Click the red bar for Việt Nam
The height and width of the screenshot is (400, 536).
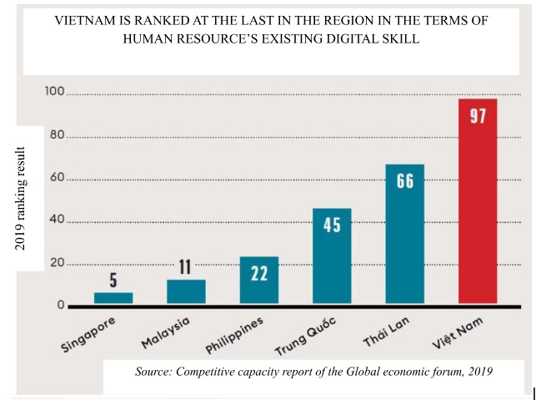pyautogui.click(x=478, y=201)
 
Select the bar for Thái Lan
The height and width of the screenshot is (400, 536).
pyautogui.click(x=405, y=234)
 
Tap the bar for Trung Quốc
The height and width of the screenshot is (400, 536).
pyautogui.click(x=332, y=256)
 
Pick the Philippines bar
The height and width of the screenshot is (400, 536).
pyautogui.click(x=259, y=280)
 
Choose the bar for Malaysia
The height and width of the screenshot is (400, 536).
pyautogui.click(x=186, y=291)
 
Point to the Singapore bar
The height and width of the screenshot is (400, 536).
pyautogui.click(x=113, y=298)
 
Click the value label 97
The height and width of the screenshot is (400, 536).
pyautogui.click(x=478, y=116)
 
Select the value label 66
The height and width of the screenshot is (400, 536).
pyautogui.click(x=405, y=181)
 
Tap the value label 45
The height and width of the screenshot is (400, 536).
pyautogui.click(x=332, y=225)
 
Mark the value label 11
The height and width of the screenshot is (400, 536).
pyautogui.click(x=185, y=267)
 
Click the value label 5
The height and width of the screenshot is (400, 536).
pyautogui.click(x=113, y=281)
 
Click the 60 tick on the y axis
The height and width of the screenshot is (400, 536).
pyautogui.click(x=57, y=178)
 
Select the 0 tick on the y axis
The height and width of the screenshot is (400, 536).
pyautogui.click(x=61, y=306)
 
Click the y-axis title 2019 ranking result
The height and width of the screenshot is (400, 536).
pyautogui.click(x=22, y=198)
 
